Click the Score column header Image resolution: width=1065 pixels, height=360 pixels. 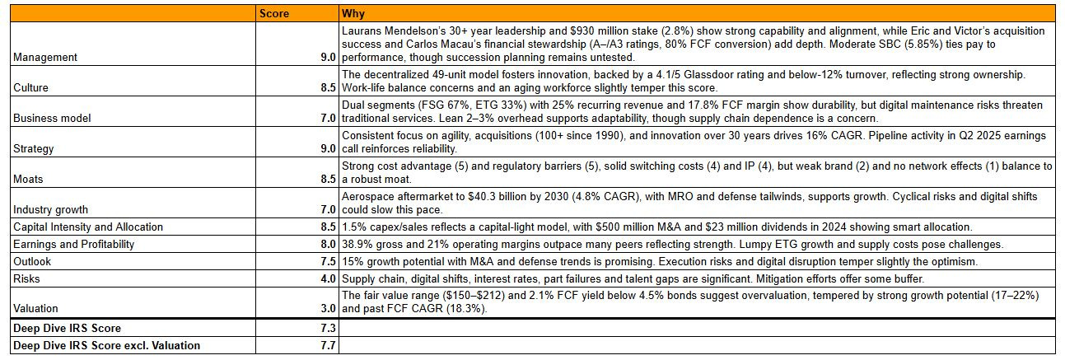tap(274, 14)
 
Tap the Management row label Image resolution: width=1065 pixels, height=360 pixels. tap(45, 58)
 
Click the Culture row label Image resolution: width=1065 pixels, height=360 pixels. tap(31, 87)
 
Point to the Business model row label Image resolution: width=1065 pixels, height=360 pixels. tap(51, 118)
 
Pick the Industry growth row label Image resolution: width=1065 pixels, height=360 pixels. tap(51, 209)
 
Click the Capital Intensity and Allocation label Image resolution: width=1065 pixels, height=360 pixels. tap(88, 227)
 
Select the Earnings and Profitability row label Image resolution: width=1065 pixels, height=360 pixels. tap(74, 244)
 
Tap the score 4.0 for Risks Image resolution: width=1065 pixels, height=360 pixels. tap(327, 278)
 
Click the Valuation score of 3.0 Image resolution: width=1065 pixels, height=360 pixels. tap(327, 309)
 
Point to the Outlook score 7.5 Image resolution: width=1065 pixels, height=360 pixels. tap(327, 261)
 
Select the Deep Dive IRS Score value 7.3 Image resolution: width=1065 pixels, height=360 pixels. tap(327, 329)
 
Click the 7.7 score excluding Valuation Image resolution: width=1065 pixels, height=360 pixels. tap(327, 346)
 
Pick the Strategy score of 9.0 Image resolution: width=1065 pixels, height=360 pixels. tap(327, 148)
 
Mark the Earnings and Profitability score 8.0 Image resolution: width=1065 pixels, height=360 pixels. tap(327, 244)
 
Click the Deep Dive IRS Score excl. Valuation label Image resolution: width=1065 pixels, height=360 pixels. tap(106, 346)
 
